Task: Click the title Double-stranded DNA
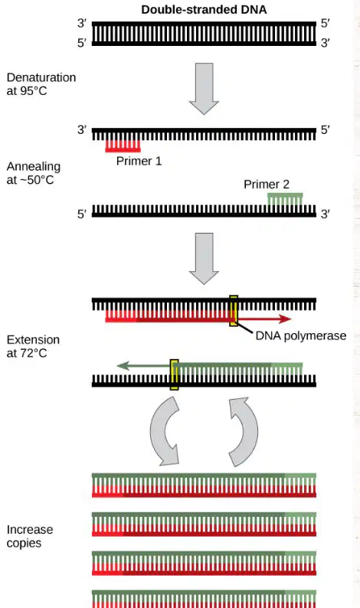(204, 10)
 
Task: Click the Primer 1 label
(139, 161)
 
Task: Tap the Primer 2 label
(267, 185)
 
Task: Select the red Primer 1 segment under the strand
(123, 145)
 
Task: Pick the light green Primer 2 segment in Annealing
(285, 198)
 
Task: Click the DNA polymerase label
(301, 335)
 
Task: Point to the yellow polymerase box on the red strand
(234, 311)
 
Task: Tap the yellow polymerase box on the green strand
(175, 374)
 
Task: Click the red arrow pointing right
(264, 319)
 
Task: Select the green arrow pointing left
(143, 366)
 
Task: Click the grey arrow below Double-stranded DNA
(204, 89)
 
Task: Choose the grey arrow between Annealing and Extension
(204, 259)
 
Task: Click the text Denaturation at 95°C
(41, 84)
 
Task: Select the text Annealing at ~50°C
(34, 173)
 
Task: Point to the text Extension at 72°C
(33, 346)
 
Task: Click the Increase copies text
(29, 536)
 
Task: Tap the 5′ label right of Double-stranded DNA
(325, 23)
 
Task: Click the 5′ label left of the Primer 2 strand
(82, 214)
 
